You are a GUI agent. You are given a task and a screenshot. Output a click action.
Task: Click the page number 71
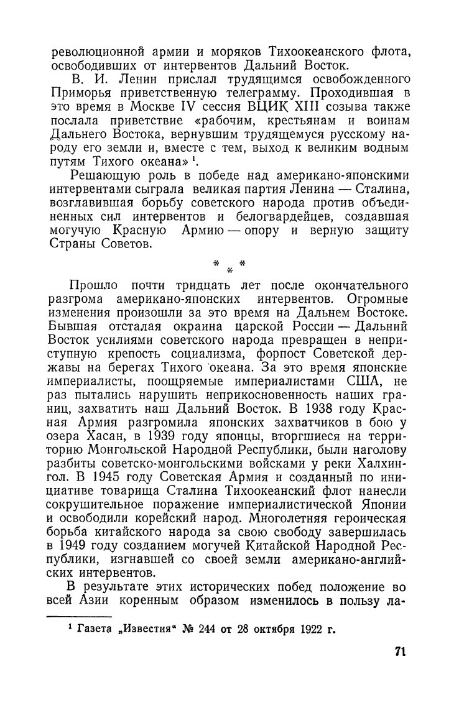[400, 652]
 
